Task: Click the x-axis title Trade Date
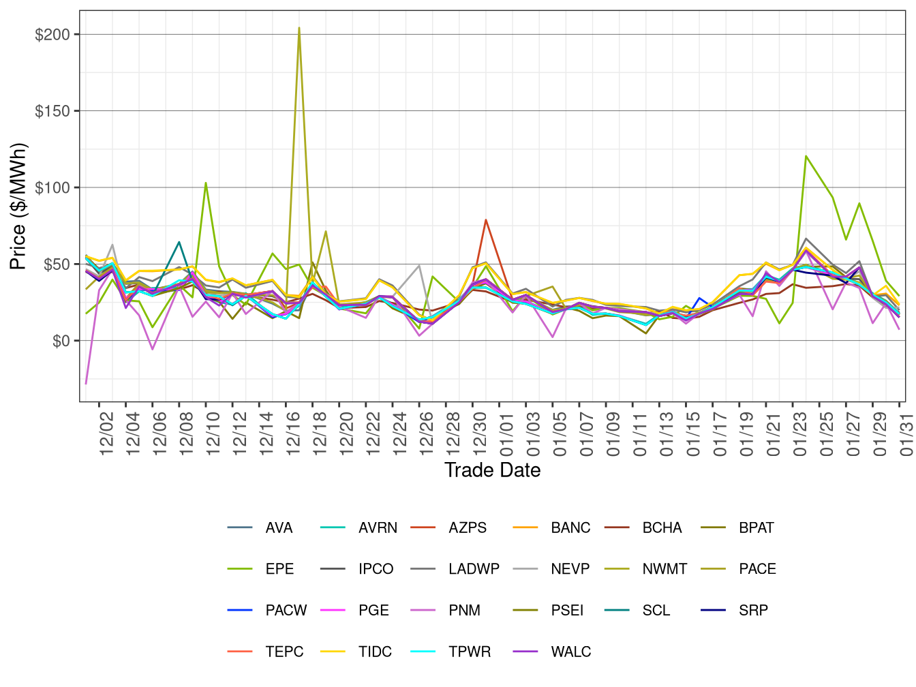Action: [492, 470]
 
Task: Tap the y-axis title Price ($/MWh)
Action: [18, 207]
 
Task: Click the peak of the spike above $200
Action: [299, 28]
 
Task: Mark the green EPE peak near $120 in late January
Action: [806, 156]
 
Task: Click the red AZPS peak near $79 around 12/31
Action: [486, 219]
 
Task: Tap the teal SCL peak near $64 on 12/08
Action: [179, 241]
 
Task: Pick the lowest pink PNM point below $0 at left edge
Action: [86, 384]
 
